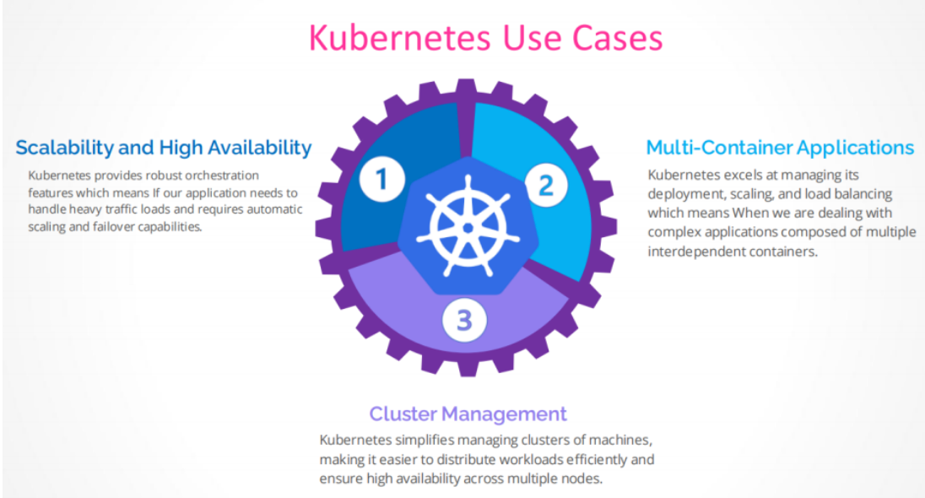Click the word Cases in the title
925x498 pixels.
pyautogui.click(x=609, y=38)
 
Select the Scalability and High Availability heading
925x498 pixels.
pyautogui.click(x=164, y=148)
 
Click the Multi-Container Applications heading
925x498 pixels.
pyautogui.click(x=780, y=148)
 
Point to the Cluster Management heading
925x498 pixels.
pyautogui.click(x=468, y=414)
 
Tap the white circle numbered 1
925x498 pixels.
pyautogui.click(x=382, y=179)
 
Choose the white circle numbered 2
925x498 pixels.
pyautogui.click(x=545, y=184)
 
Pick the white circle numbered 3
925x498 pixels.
pyautogui.click(x=463, y=321)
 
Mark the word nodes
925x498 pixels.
pyautogui.click(x=583, y=479)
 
